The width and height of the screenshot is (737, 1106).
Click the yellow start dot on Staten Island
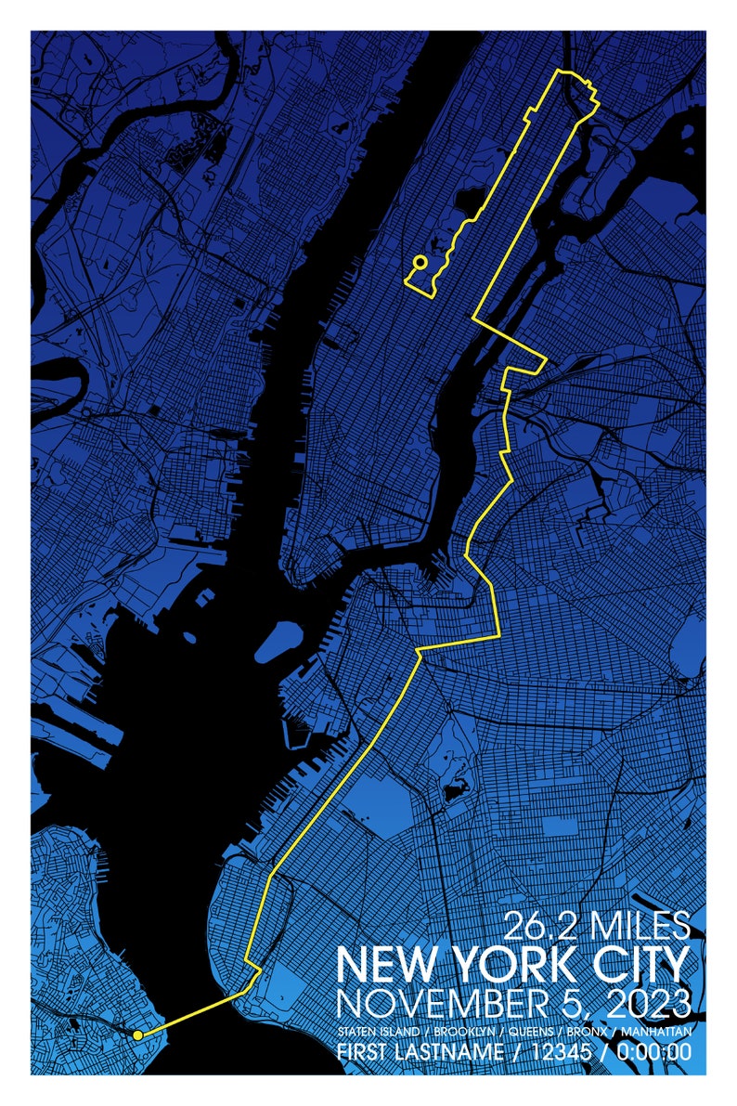[137, 1034]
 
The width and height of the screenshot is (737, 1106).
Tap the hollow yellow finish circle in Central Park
[420, 263]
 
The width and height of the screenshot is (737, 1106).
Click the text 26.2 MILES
[597, 926]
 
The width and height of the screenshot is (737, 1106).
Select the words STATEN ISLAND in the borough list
[377, 1033]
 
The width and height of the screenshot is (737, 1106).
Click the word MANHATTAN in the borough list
[655, 1033]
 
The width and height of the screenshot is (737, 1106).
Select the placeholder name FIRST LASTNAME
[418, 1053]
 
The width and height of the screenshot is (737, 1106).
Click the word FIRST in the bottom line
[362, 1053]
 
